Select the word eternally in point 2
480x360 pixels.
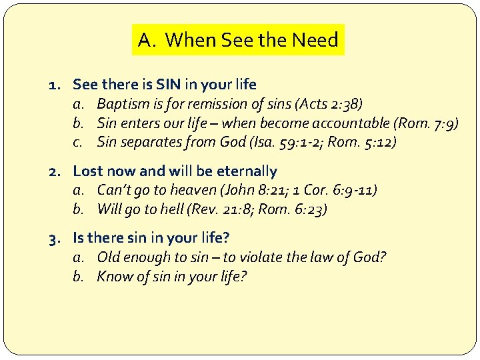pyautogui.click(x=244, y=171)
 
